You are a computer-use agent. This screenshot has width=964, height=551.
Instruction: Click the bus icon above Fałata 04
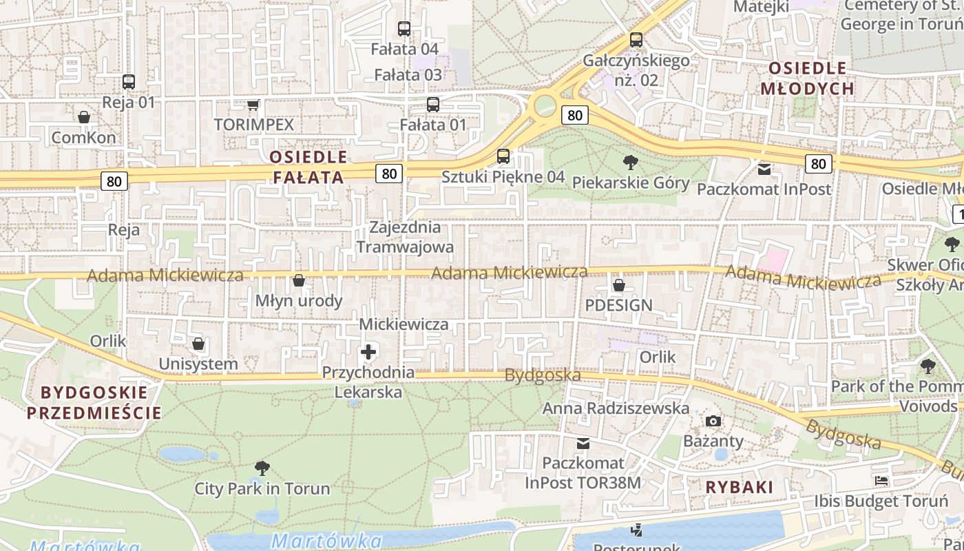pos(404,29)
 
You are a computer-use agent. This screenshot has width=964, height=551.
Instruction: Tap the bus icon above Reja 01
pos(129,81)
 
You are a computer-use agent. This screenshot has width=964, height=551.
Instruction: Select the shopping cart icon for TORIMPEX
pos(253,105)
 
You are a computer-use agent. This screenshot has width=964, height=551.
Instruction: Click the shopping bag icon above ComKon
pos(84,117)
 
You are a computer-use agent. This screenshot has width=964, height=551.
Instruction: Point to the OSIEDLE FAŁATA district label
pos(308,167)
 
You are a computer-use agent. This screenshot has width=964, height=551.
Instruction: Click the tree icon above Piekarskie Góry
pos(630,163)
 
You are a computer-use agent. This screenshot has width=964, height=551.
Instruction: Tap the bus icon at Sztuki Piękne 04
pos(503,156)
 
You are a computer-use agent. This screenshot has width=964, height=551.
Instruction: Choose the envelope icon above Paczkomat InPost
pos(764,169)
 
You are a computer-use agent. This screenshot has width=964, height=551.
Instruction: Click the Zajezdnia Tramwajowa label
pos(405,237)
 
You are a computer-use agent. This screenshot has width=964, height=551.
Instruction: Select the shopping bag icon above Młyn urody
pos(299,280)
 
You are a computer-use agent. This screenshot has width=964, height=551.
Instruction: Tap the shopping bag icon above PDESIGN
pos(619,284)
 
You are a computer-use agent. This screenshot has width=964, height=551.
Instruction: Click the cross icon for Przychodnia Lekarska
pos(368,353)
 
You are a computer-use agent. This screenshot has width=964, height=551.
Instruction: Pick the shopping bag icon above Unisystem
pos(198,344)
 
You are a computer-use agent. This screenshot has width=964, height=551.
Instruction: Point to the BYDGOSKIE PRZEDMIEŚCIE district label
pos(94,403)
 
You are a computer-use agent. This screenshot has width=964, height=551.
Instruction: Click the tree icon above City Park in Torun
pos(262,469)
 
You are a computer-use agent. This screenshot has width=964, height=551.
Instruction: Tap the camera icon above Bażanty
pos(713,421)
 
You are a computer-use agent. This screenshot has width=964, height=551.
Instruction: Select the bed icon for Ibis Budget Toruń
pos(881,481)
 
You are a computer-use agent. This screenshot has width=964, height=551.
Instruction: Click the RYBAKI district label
pos(740,487)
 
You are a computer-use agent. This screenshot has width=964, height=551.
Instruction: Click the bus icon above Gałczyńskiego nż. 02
pos(636,40)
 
